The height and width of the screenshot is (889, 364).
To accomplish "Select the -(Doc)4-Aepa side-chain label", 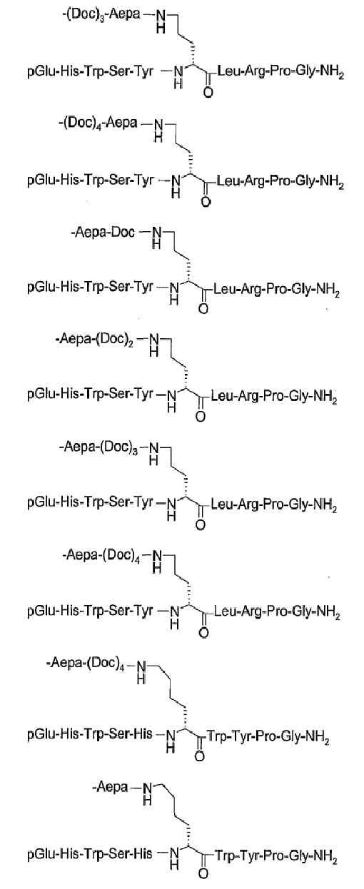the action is (98, 123).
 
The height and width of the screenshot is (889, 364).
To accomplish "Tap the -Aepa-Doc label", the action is (103, 232).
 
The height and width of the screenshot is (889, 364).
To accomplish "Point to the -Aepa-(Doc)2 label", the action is (94, 340).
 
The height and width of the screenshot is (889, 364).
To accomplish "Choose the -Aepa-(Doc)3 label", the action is (98, 448).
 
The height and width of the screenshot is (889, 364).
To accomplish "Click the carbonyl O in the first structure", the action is (208, 93).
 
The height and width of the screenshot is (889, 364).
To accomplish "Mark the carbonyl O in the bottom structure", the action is (203, 873).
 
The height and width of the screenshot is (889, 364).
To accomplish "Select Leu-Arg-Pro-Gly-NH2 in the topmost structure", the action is (280, 73).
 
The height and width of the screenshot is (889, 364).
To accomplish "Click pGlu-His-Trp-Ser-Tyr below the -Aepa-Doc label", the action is (90, 287).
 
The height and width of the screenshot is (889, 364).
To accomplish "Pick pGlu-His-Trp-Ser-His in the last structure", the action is (90, 853).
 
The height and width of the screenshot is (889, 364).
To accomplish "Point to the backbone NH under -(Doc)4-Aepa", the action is (176, 186).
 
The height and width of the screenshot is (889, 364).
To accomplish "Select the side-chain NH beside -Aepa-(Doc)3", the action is (153, 454).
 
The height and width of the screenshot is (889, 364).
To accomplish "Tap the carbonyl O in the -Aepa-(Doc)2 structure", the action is (201, 417).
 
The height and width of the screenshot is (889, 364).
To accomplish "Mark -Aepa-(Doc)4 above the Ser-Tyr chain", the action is (101, 555).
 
